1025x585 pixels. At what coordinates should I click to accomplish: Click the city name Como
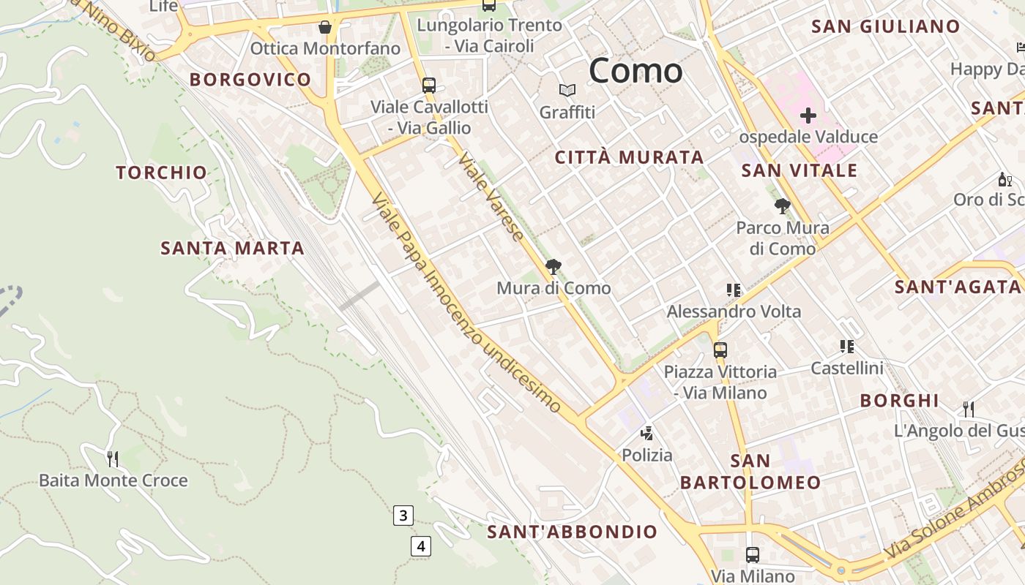pyautogui.click(x=635, y=71)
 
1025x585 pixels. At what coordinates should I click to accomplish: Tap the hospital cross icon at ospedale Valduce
pyautogui.click(x=808, y=116)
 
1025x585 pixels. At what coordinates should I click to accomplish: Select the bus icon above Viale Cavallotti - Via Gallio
pyautogui.click(x=429, y=85)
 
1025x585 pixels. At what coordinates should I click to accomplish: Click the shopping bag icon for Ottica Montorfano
pyautogui.click(x=325, y=28)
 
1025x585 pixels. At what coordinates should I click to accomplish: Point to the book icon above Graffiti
pyautogui.click(x=567, y=91)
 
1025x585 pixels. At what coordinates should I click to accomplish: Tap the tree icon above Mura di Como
pyautogui.click(x=553, y=267)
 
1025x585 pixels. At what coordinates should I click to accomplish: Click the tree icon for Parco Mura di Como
pyautogui.click(x=783, y=206)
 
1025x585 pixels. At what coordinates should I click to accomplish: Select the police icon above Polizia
pyautogui.click(x=646, y=433)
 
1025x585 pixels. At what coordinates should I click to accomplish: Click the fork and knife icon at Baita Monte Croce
pyautogui.click(x=113, y=458)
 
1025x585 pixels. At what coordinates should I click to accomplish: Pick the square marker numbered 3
pyautogui.click(x=403, y=515)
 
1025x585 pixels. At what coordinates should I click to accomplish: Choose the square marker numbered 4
pyautogui.click(x=420, y=546)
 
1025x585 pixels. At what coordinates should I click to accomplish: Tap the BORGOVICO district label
pyautogui.click(x=250, y=80)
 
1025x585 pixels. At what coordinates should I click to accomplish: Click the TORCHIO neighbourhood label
pyautogui.click(x=162, y=173)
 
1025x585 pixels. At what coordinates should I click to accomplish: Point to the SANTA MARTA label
pyautogui.click(x=232, y=249)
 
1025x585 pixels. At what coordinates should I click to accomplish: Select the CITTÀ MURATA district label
pyautogui.click(x=629, y=157)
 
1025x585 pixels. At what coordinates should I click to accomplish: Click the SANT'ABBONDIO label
pyautogui.click(x=573, y=532)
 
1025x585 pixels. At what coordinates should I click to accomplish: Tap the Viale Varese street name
pyautogui.click(x=491, y=197)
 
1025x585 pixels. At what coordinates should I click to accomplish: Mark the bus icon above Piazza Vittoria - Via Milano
pyautogui.click(x=720, y=350)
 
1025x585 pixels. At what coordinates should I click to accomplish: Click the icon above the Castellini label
pyautogui.click(x=847, y=346)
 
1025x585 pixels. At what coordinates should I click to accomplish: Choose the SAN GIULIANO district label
pyautogui.click(x=886, y=27)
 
